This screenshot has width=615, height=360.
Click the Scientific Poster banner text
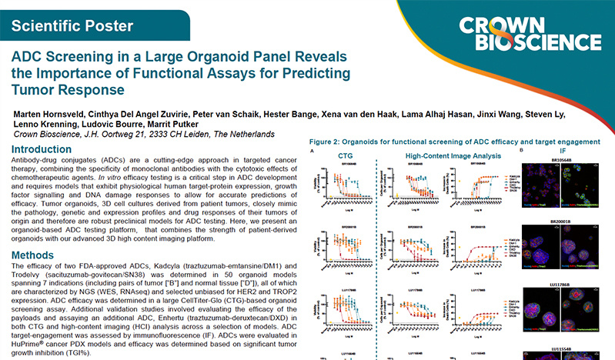72,25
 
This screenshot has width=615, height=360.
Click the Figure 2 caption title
454,142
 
